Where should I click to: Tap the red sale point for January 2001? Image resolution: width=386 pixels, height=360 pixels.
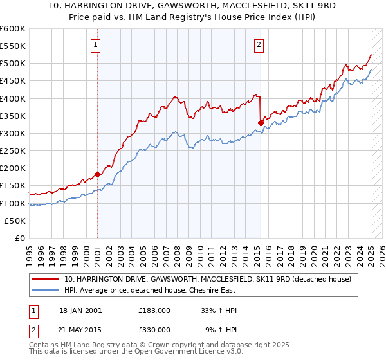[97, 174]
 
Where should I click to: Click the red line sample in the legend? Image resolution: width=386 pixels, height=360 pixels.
[46, 279]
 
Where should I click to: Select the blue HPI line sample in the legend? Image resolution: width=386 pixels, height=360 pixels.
[46, 291]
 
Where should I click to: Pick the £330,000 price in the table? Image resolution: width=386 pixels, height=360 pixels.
[154, 329]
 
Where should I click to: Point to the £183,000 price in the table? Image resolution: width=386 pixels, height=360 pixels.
[154, 310]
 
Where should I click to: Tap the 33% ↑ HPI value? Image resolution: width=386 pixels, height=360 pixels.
[219, 310]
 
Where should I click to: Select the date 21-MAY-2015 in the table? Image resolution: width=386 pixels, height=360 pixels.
[80, 329]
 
